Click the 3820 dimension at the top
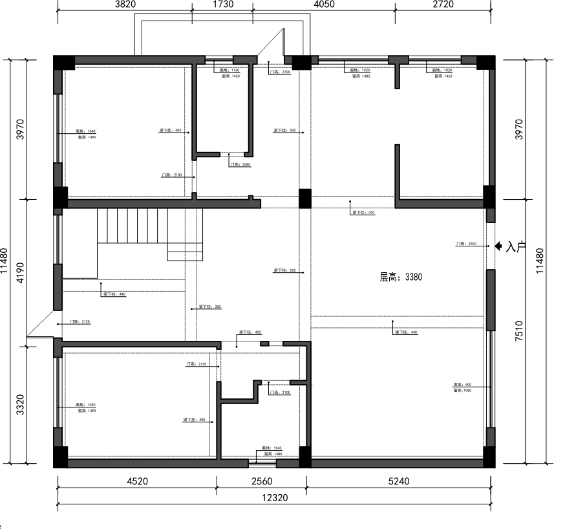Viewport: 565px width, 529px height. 125,5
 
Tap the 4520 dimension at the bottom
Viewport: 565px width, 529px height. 137,482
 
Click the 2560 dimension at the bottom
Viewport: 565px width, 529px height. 261,482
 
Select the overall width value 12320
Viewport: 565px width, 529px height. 276,498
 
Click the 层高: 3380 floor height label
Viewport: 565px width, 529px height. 401,277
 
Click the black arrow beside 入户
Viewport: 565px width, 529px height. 499,246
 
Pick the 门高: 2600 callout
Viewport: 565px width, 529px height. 466,244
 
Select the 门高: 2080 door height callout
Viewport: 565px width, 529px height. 240,165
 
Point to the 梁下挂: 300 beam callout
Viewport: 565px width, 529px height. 210,307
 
